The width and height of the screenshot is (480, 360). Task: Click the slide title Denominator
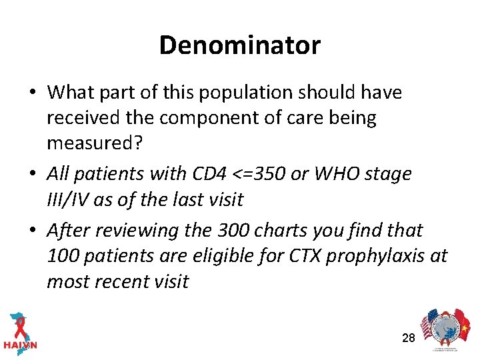(x=239, y=45)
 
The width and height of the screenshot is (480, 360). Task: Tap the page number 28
(x=409, y=338)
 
